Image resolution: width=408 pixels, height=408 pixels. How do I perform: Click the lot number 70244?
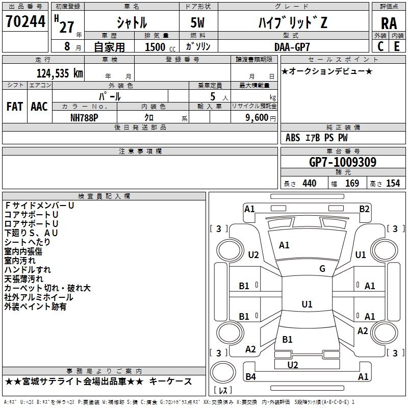pyautogui.click(x=25, y=21)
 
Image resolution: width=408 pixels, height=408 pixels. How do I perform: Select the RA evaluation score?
pyautogui.click(x=389, y=23)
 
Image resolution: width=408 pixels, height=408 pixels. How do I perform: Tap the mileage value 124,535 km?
pyautogui.click(x=60, y=73)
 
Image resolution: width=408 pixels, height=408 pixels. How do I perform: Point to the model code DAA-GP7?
pyautogui.click(x=292, y=47)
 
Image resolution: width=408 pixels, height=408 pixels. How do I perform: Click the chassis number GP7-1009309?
pyautogui.click(x=343, y=162)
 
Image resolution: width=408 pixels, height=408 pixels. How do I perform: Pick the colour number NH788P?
pyautogui.click(x=84, y=118)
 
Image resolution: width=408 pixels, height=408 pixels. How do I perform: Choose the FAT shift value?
pyautogui.click(x=15, y=107)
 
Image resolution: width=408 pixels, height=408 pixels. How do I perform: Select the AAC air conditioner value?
pyautogui.click(x=39, y=107)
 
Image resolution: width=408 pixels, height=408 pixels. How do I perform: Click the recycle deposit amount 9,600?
pyautogui.click(x=257, y=118)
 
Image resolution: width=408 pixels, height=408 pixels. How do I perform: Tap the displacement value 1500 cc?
pyautogui.click(x=160, y=47)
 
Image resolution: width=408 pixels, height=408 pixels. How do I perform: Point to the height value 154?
pyautogui.click(x=393, y=184)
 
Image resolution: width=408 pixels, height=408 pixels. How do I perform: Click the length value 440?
pyautogui.click(x=310, y=184)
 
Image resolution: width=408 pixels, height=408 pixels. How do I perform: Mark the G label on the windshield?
pyautogui.click(x=322, y=269)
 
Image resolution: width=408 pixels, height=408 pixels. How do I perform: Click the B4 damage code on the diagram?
pyautogui.click(x=250, y=376)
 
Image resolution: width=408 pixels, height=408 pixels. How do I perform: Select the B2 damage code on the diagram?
pyautogui.click(x=364, y=209)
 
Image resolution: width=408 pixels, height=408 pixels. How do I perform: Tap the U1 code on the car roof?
pyautogui.click(x=307, y=304)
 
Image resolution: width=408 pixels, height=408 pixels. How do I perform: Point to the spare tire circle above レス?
pyautogui.click(x=223, y=372)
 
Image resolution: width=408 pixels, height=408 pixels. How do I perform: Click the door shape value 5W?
pyautogui.click(x=197, y=22)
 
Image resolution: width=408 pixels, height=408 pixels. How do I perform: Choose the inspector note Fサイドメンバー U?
pyautogui.click(x=40, y=206)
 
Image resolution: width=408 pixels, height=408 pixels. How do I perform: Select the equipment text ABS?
pyautogui.click(x=293, y=138)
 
